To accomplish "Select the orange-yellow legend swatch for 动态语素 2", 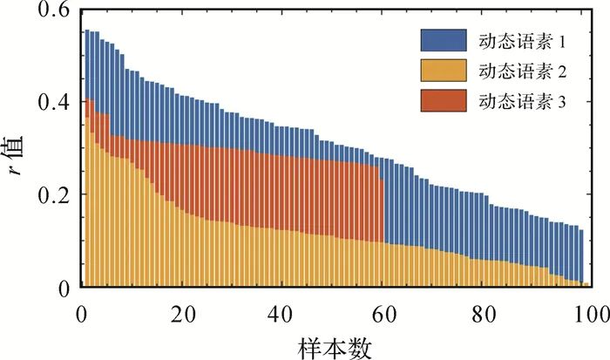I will point(445,71).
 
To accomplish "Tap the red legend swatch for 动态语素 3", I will point(445,102).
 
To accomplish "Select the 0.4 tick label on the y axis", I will point(54,102).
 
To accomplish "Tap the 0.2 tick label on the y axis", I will point(54,194).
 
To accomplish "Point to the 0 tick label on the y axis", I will point(64,288).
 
